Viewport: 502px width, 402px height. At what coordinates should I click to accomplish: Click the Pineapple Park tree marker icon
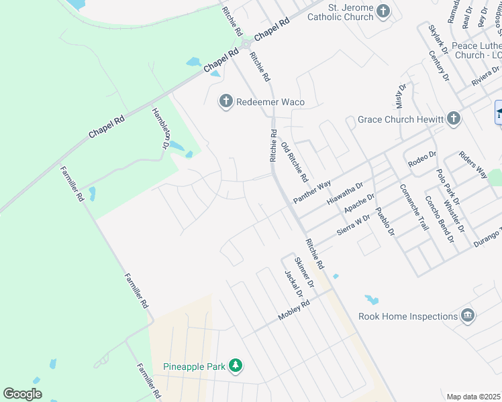click(235, 366)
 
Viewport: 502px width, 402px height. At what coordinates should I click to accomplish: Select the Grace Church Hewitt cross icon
click(454, 119)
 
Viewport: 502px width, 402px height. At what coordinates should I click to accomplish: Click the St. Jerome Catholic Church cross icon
click(383, 11)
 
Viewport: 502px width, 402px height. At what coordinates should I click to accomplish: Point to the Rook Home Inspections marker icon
click(468, 316)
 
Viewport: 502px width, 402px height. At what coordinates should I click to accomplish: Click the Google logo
click(23, 393)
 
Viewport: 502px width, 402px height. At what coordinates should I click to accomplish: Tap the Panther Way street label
click(312, 192)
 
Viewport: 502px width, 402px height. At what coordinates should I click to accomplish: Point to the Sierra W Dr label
click(354, 223)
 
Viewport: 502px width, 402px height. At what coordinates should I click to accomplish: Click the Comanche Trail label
click(413, 207)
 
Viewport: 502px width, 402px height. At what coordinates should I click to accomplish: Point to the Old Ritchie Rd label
click(294, 162)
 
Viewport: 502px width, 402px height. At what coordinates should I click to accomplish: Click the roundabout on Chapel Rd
click(246, 44)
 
